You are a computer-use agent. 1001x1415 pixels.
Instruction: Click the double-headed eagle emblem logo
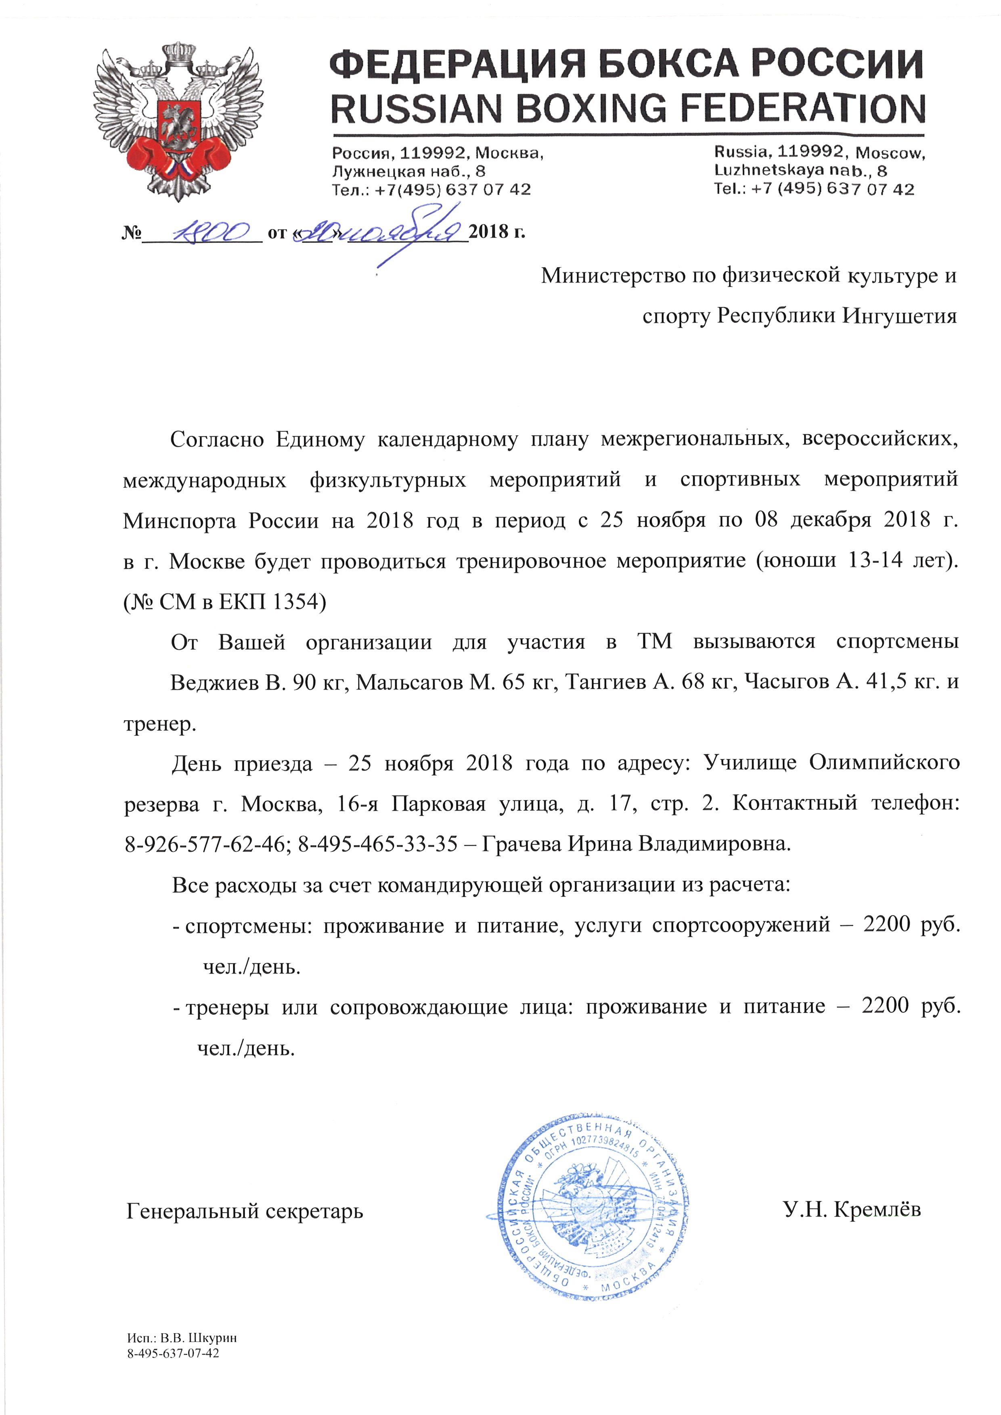point(179,121)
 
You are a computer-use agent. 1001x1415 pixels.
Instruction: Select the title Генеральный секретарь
point(245,1211)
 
